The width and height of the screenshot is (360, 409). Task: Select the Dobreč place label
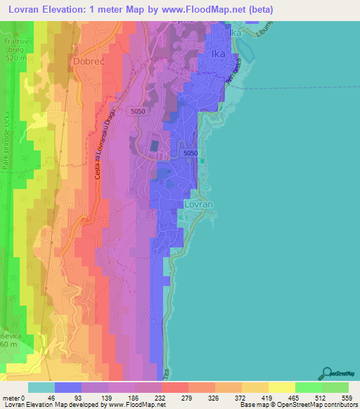click(x=89, y=61)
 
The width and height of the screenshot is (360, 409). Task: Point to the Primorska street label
click(x=234, y=74)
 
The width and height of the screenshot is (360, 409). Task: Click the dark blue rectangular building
click(x=154, y=146)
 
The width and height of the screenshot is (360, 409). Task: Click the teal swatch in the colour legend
click(x=41, y=387)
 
